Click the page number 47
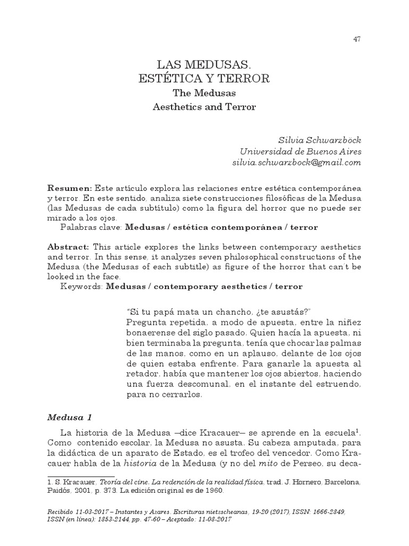pos(357,39)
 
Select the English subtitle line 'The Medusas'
pos(204,93)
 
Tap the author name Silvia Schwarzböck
pos(321,140)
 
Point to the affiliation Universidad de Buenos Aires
pos(301,151)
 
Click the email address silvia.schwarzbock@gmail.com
pos(297,162)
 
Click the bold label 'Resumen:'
pos(70,189)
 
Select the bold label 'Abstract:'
pos(69,248)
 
